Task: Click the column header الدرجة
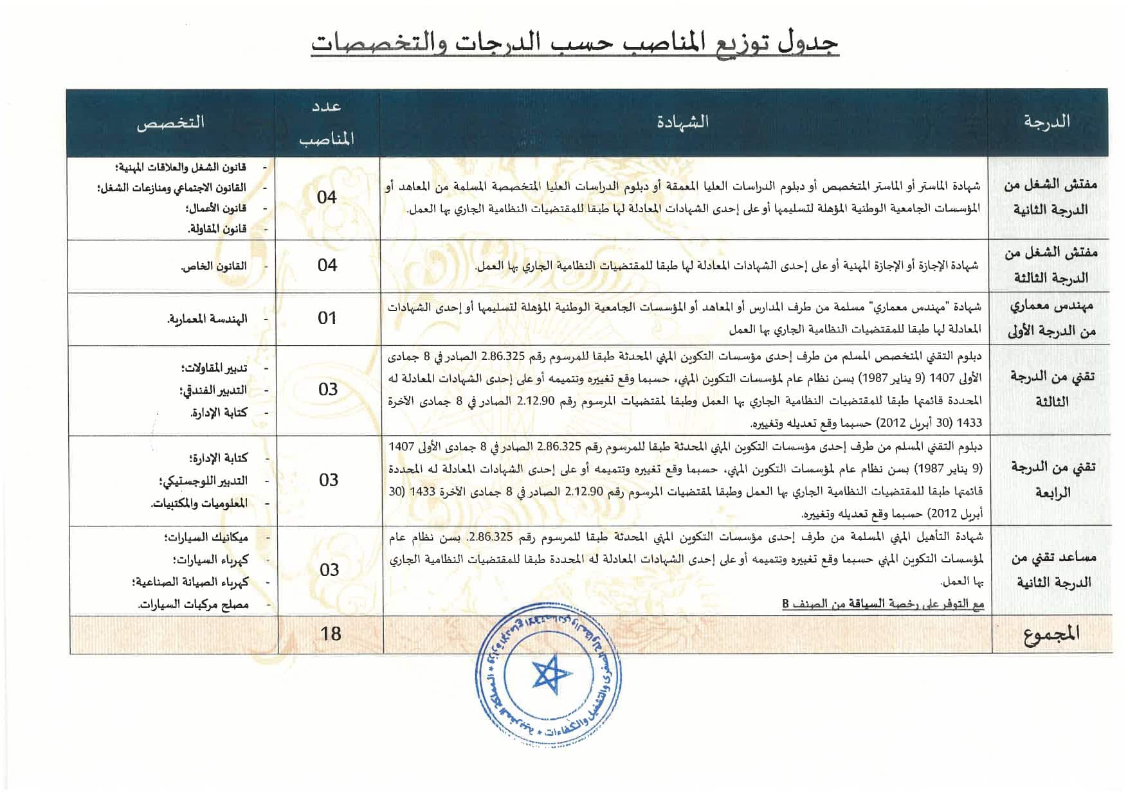point(1047,121)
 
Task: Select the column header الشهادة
point(682,121)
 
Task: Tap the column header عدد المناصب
point(327,123)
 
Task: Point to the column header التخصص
point(170,122)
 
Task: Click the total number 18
point(331,634)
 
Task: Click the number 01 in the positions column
point(327,318)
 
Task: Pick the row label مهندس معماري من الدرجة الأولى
point(1050,318)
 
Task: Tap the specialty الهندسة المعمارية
point(207,319)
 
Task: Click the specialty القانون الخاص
point(214,265)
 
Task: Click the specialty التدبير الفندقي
point(213,390)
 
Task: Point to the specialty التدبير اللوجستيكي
point(203,481)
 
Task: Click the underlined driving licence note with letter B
point(882,604)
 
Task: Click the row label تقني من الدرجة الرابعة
point(1053,479)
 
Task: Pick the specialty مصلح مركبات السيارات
point(193,604)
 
